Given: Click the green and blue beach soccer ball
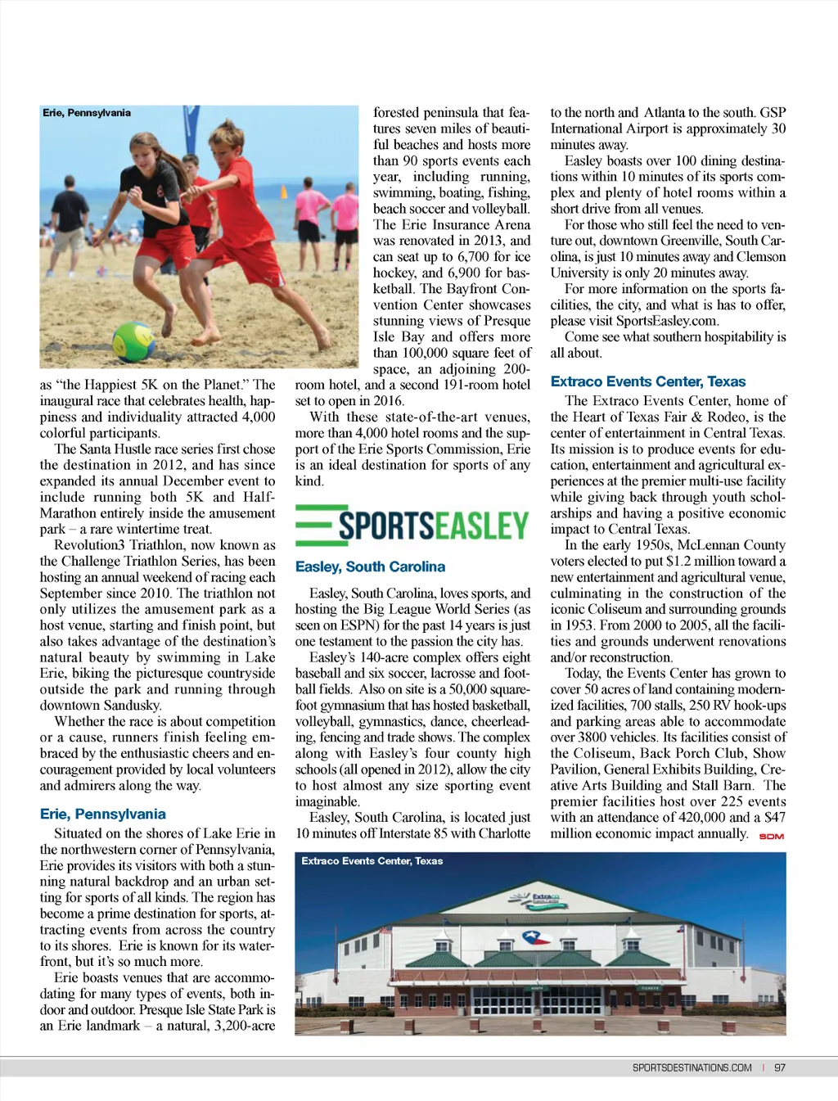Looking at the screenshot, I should click(134, 341).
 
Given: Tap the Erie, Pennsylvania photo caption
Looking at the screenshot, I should click(87, 113).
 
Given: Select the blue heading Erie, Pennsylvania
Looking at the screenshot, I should click(102, 814).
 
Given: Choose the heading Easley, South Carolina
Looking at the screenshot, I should click(370, 566).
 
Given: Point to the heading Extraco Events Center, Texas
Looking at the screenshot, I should click(647, 381).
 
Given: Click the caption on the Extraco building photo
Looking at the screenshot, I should click(372, 861).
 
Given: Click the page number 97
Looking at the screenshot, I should click(780, 1067).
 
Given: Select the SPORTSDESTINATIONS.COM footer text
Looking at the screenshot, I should click(692, 1067).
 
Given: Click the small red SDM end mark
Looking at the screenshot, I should click(772, 837).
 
